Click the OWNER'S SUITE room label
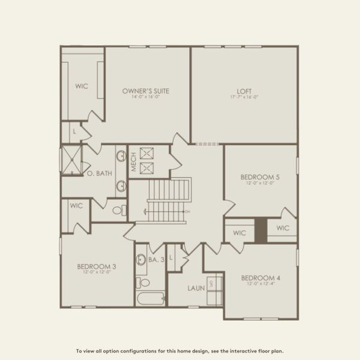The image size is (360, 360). click(x=146, y=91)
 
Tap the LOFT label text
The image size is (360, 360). click(x=244, y=91)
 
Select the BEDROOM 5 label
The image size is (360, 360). click(x=260, y=177)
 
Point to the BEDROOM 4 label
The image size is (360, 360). click(x=260, y=278)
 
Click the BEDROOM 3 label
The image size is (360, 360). click(x=97, y=266)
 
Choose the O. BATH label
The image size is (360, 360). click(x=100, y=174)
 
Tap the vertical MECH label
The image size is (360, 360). click(x=134, y=161)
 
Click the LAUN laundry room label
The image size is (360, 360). click(x=196, y=288)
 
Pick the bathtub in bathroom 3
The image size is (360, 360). click(x=149, y=298)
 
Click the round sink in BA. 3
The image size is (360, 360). click(x=142, y=260)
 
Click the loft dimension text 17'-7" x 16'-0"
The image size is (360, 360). click(x=244, y=97)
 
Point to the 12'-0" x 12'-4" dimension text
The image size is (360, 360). click(x=260, y=284)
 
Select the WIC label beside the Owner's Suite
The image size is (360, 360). click(x=82, y=86)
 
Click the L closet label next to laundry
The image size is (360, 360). click(x=171, y=257)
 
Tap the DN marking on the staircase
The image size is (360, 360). click(x=187, y=212)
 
